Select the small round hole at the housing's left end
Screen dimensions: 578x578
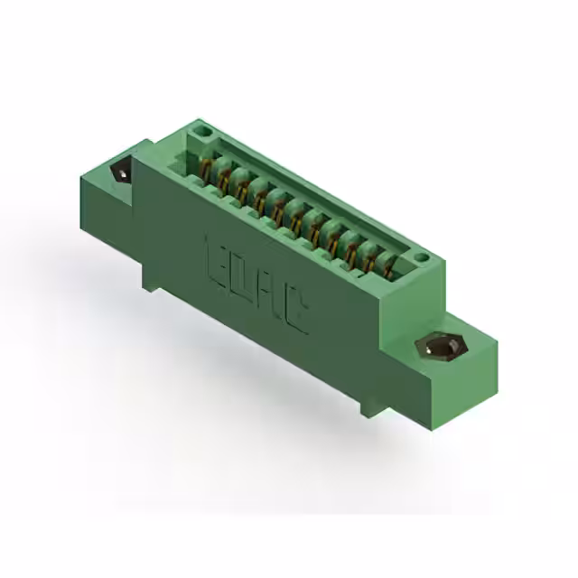(x=204, y=133)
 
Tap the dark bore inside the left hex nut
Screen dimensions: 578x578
(x=119, y=173)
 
